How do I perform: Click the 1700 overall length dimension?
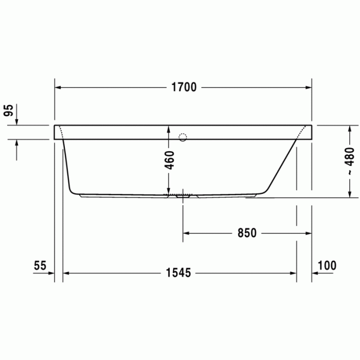click(184, 87)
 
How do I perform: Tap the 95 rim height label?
click(8, 111)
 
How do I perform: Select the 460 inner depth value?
click(169, 160)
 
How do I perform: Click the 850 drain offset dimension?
click(246, 233)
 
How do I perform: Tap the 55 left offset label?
click(40, 265)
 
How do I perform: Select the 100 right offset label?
click(327, 265)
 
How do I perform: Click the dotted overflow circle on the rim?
click(182, 137)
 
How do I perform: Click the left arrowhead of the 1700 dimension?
click(59, 87)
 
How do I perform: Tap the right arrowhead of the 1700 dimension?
click(308, 87)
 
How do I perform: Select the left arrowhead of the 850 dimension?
click(187, 233)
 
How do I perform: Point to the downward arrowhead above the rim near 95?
click(17, 121)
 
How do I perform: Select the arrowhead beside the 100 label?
click(315, 273)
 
